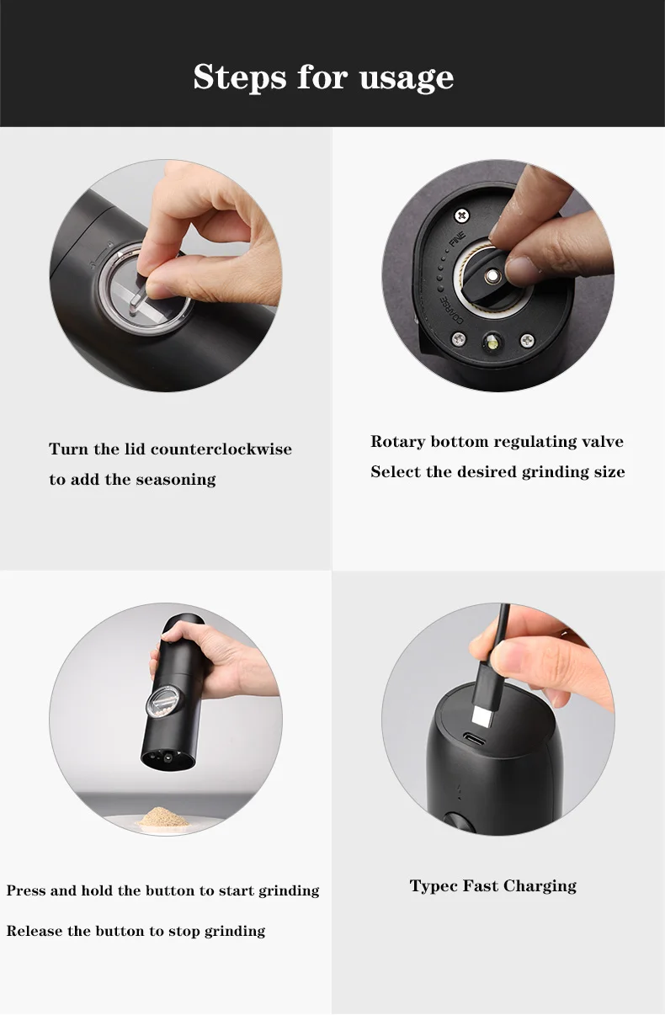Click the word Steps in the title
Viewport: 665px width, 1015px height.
(240, 77)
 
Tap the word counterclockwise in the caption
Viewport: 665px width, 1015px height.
(221, 449)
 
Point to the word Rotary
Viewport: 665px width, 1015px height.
(397, 442)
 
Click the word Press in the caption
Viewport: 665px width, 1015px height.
(26, 890)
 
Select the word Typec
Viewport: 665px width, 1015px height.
(434, 886)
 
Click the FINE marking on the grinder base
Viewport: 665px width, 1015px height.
(458, 240)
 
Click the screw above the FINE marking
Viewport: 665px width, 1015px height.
(462, 215)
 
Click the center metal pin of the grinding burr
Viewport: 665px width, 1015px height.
(491, 275)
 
